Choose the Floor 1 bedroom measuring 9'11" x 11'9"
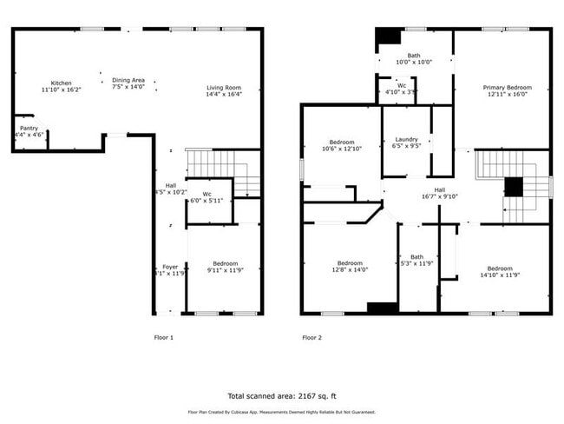223,267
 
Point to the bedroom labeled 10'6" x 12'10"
342,145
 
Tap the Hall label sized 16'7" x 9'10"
440,193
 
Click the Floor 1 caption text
164,337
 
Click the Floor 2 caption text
312,337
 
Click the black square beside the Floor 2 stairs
515,187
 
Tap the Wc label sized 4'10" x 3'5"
402,88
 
